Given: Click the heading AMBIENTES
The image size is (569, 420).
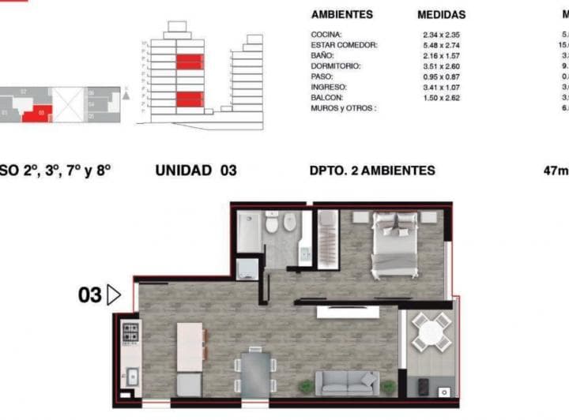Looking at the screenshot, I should [x=342, y=15].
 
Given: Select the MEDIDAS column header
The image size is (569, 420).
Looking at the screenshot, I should [x=441, y=15].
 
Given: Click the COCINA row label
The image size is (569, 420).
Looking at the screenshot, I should [x=326, y=36].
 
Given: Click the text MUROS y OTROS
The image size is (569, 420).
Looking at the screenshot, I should [x=344, y=107].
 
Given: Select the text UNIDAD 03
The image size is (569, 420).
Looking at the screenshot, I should [x=195, y=170].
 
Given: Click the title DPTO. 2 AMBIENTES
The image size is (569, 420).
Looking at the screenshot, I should [x=373, y=170].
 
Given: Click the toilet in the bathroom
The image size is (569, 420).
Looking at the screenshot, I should [x=272, y=224].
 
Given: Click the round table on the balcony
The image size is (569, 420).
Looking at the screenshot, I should [x=431, y=332].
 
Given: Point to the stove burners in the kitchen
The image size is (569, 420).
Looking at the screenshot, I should [x=130, y=333].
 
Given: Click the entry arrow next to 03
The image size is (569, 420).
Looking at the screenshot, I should [x=113, y=295].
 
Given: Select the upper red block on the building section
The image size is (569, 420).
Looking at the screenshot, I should [x=188, y=62].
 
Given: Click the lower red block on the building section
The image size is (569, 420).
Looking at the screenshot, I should [x=188, y=99].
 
